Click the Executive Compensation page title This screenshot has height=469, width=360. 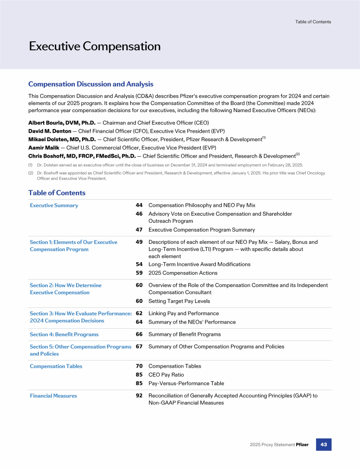(95, 46)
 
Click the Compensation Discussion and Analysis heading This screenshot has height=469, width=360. (90, 84)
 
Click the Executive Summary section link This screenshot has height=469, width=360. (54, 205)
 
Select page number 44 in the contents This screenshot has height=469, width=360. (139, 205)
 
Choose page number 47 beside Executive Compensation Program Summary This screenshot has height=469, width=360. (139, 230)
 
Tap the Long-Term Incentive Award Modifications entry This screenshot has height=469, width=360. (199, 265)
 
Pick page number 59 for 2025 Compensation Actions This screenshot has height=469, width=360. (139, 273)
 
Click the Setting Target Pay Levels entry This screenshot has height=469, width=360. (179, 301)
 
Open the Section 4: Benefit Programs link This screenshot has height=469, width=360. (64, 334)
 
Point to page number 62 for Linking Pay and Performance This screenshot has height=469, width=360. (139, 313)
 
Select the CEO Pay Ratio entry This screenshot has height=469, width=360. (166, 375)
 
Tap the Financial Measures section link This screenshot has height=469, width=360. (53, 396)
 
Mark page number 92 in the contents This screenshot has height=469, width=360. (139, 396)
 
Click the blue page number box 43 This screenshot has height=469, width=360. (323, 444)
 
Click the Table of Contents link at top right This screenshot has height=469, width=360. (313, 22)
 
